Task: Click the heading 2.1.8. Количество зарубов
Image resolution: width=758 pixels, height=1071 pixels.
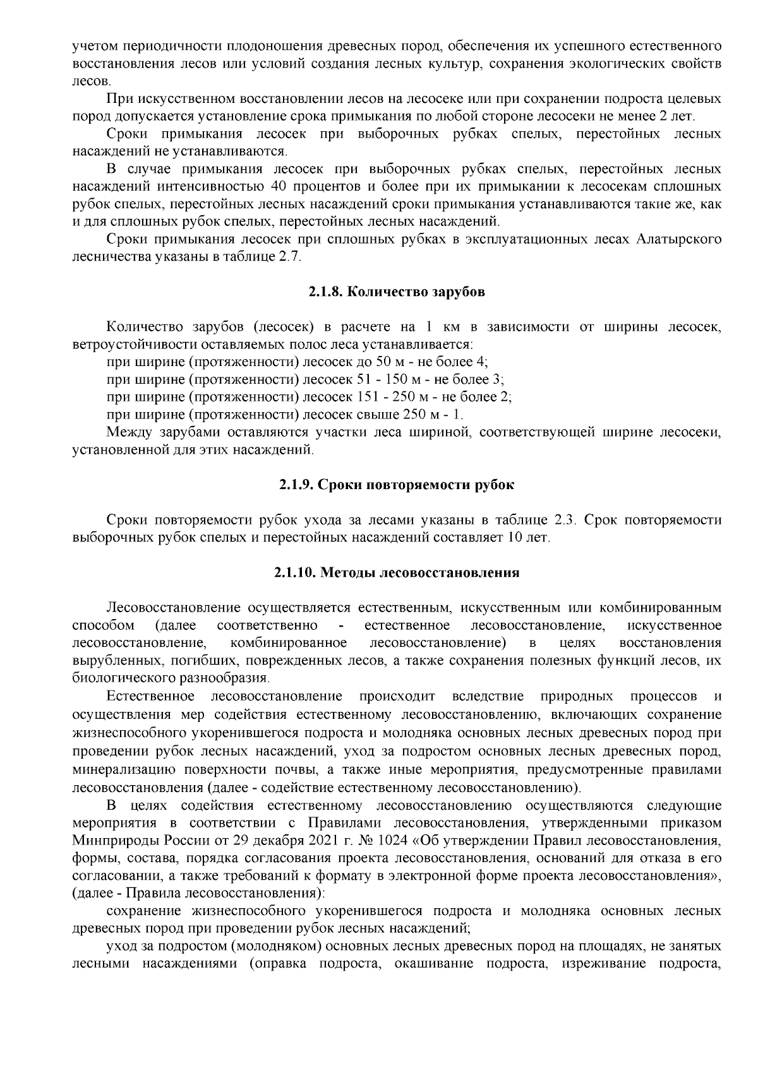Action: pos(397,292)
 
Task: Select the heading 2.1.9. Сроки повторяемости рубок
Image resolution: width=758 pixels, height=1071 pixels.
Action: pos(397,485)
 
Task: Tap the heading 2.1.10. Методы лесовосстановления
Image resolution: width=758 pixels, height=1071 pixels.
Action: pos(397,572)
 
